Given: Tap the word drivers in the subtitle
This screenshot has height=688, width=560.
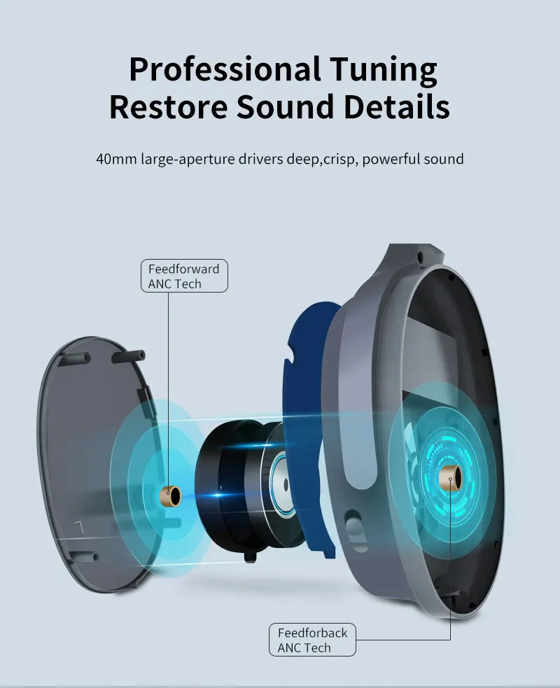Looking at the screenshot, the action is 258,159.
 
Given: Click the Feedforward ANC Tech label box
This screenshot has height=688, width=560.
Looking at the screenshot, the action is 183,276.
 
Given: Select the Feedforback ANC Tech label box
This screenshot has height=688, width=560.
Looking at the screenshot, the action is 312,640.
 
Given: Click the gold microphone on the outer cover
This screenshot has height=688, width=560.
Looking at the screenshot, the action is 170,496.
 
